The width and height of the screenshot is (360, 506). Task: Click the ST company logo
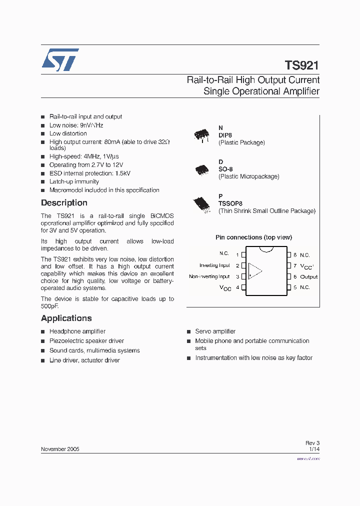(x=60, y=59)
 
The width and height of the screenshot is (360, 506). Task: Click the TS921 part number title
(x=301, y=65)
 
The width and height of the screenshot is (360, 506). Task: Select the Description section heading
(x=64, y=203)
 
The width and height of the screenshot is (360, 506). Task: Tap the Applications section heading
(x=66, y=318)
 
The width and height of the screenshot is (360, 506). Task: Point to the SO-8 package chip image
(x=201, y=169)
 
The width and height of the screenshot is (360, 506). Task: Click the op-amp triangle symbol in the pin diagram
(x=255, y=270)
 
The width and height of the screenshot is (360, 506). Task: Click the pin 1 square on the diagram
(x=243, y=254)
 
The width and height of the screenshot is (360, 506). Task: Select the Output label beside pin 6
(x=308, y=277)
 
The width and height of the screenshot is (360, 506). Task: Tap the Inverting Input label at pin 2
(x=214, y=265)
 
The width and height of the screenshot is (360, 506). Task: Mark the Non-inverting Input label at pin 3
(x=209, y=276)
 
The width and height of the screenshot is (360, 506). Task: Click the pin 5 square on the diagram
(x=289, y=287)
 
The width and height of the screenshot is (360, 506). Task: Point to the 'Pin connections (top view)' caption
(x=253, y=237)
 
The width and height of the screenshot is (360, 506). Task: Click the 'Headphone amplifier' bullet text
(x=77, y=331)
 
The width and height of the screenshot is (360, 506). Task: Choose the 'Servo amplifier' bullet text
(x=215, y=331)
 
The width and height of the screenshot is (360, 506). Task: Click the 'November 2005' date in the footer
(x=60, y=449)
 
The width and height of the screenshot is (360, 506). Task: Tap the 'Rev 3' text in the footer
(x=312, y=443)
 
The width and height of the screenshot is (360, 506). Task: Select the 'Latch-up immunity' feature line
(x=74, y=181)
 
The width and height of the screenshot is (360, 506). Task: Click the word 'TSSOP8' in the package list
(x=230, y=203)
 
